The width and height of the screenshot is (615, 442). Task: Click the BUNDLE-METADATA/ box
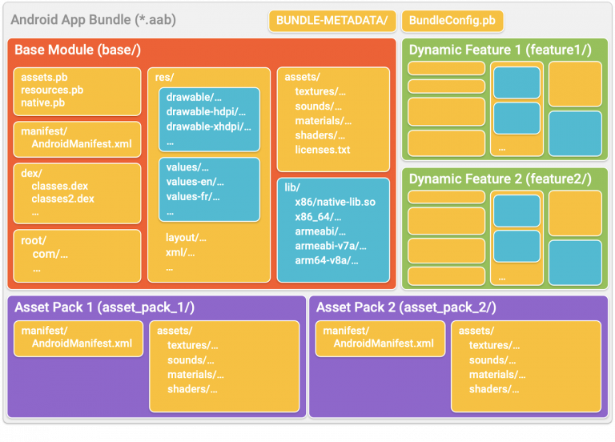tap(331, 20)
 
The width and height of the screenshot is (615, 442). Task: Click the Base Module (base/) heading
tap(78, 50)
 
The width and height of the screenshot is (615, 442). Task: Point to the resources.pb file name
tap(52, 90)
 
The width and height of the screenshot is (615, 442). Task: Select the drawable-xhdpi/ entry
tap(206, 127)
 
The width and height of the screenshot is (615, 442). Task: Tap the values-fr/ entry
tap(193, 196)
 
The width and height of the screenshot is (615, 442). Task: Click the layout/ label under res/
tap(186, 238)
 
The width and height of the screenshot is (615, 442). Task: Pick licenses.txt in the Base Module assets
tap(322, 150)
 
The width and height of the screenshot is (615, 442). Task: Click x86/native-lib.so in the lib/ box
tap(335, 203)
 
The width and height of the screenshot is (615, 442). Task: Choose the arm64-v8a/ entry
tap(326, 260)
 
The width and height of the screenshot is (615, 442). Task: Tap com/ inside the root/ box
tap(50, 255)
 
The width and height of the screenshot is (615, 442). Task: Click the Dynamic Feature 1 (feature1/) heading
tap(500, 50)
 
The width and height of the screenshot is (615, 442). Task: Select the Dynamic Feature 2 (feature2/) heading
tap(500, 179)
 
